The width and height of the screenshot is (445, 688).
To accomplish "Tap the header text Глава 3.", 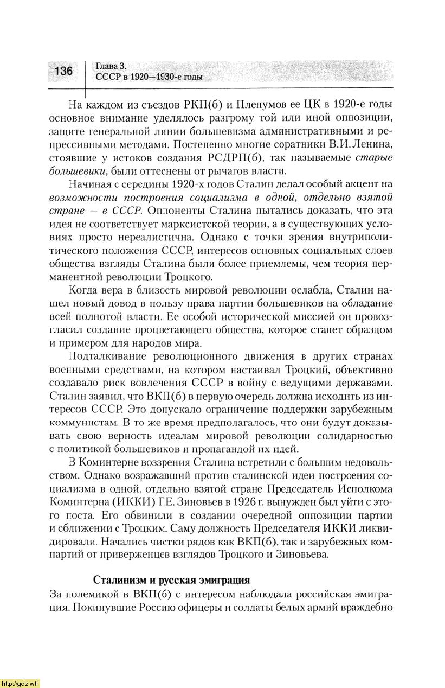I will [x=111, y=66].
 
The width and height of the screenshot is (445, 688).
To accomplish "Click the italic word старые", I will [x=374, y=157].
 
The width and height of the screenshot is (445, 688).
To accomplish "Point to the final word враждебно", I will [x=367, y=606].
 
